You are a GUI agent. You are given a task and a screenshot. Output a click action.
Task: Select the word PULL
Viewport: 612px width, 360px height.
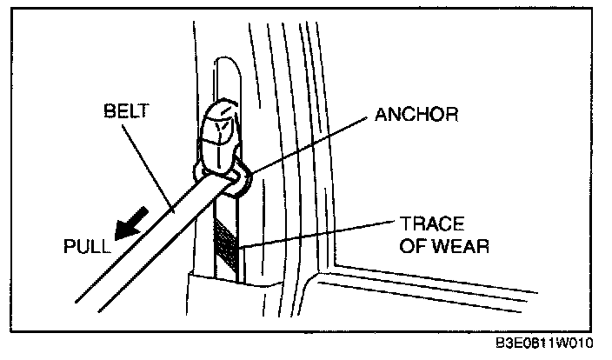coord(88,246)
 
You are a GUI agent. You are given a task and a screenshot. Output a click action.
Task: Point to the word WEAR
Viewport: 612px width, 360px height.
coord(462,246)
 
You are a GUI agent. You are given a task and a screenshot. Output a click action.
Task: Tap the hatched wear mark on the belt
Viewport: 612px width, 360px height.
coord(225,242)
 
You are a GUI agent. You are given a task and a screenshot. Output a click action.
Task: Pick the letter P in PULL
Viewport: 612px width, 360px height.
coord(70,246)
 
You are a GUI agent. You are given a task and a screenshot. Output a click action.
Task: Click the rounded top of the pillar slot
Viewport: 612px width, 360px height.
coord(223,65)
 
